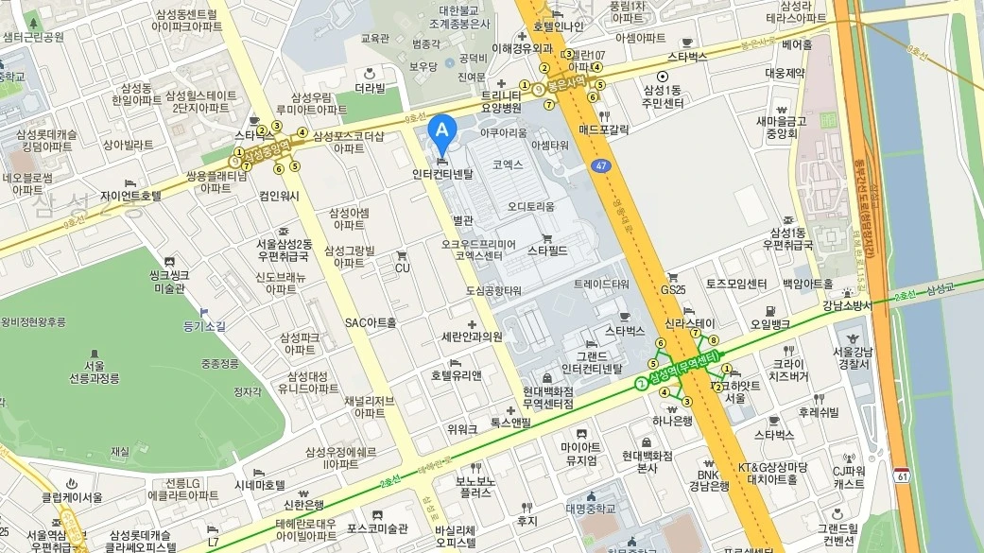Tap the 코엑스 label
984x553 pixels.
pyautogui.click(x=508, y=164)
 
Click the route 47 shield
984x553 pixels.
pyautogui.click(x=601, y=165)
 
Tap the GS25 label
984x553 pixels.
pyautogui.click(x=673, y=290)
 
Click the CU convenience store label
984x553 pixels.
pyautogui.click(x=402, y=268)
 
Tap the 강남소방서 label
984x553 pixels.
pyautogui.click(x=845, y=305)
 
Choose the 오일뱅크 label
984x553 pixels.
pyautogui.click(x=770, y=324)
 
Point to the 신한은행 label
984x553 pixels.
pyautogui.click(x=300, y=504)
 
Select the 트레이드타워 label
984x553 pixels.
pyautogui.click(x=601, y=284)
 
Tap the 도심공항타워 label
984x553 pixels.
pyautogui.click(x=493, y=290)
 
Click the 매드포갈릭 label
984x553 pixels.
pyautogui.click(x=604, y=129)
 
